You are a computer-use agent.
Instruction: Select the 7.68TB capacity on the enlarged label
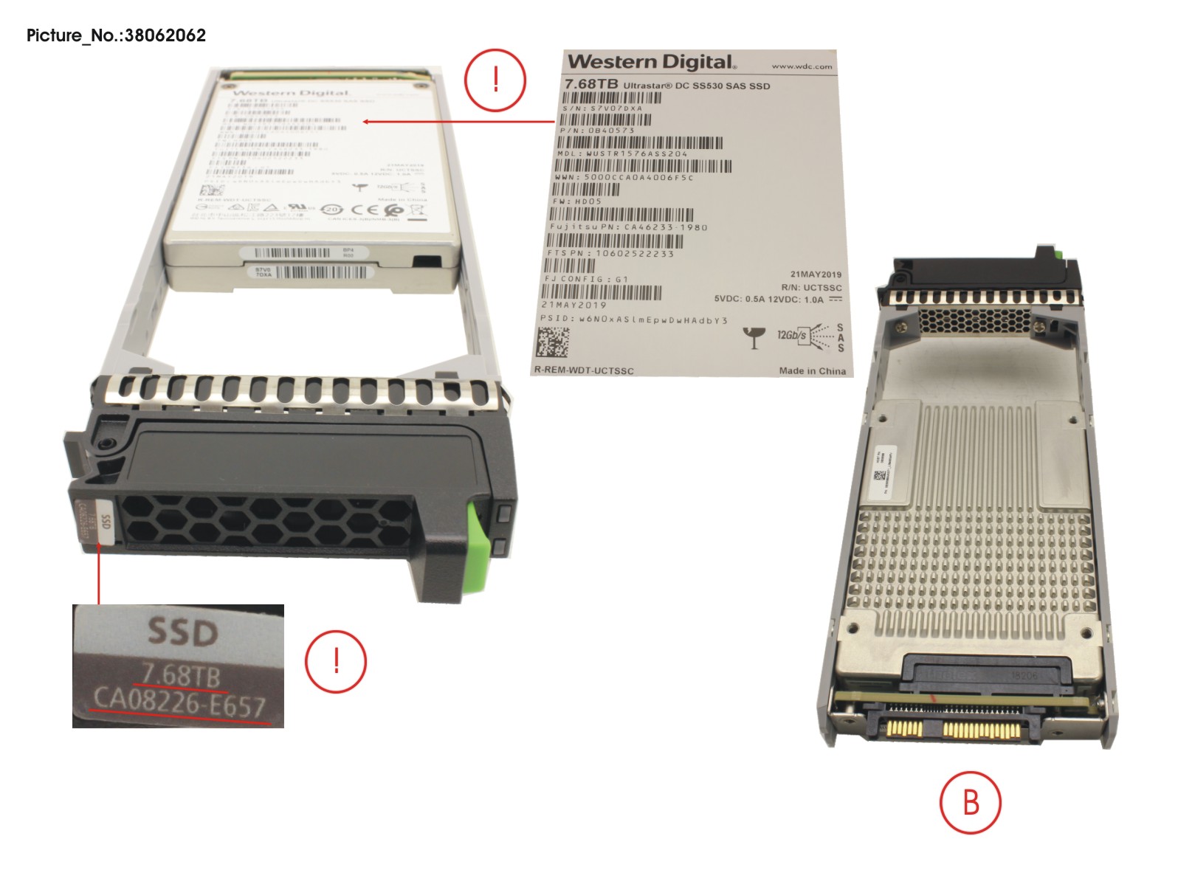click(x=591, y=84)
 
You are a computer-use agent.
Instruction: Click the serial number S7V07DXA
click(x=602, y=108)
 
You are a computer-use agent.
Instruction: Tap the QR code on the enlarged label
click(x=553, y=343)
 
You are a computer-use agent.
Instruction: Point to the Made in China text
click(x=812, y=370)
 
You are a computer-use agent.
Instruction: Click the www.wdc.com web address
click(x=802, y=66)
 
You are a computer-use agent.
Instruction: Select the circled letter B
click(x=971, y=802)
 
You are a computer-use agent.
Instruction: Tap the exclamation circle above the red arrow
click(x=495, y=80)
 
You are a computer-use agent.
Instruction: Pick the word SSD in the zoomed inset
click(x=182, y=632)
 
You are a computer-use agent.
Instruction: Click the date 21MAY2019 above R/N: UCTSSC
click(x=816, y=274)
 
